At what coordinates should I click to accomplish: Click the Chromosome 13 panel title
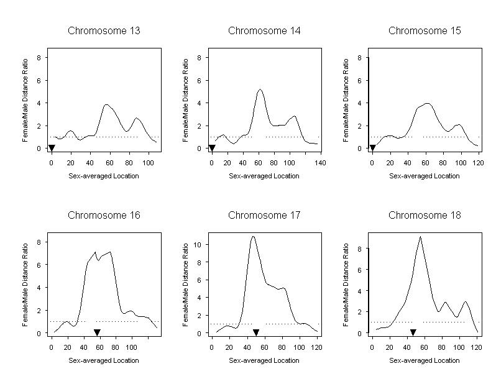(104, 30)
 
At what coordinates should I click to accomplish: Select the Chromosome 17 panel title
(264, 216)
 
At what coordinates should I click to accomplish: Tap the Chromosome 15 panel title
(425, 30)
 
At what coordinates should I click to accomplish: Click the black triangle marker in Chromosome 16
(97, 333)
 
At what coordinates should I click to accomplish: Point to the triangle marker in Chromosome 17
(255, 333)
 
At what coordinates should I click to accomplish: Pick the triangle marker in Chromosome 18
(413, 333)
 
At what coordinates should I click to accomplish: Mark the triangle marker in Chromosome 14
(212, 148)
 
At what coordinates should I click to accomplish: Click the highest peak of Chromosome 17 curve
(253, 236)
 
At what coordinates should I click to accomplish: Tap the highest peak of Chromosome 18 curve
(420, 237)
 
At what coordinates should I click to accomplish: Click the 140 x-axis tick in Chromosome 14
(319, 163)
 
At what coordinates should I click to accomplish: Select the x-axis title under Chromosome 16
(104, 360)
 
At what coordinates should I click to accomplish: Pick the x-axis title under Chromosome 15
(425, 176)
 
